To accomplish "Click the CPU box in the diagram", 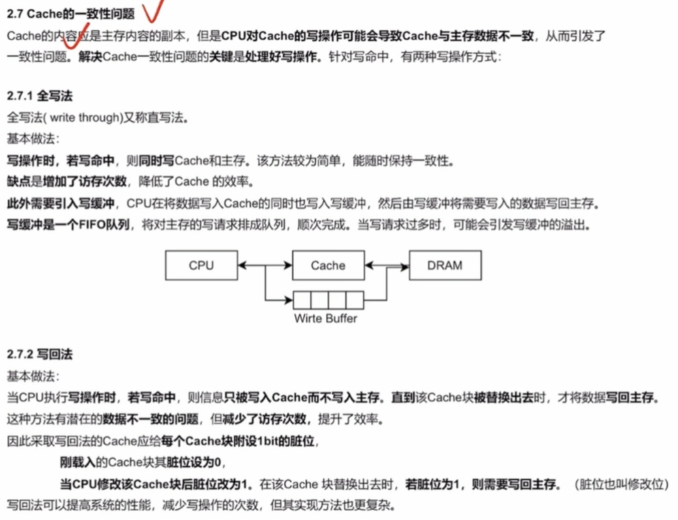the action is coord(201,265).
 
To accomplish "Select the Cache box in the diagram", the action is coord(328,265).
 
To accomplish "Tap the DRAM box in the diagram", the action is coord(445,265).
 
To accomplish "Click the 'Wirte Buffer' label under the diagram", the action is coord(325,318).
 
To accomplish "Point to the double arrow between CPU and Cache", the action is coord(265,265).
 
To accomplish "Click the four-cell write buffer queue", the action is coord(328,299).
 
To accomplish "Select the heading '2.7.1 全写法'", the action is coord(39,97).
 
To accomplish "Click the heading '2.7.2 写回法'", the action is coord(39,355).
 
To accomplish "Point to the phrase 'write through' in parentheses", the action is coord(86,118).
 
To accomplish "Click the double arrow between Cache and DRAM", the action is coord(387,265).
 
